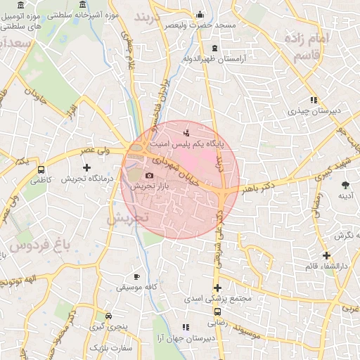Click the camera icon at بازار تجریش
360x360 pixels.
[148, 175]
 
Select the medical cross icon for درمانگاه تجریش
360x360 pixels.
[86, 167]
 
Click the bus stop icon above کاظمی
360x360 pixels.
[41, 169]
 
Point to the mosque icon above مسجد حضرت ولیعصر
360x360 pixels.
[200, 13]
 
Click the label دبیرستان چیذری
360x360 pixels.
[314, 111]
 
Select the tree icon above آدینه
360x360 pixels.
[345, 185]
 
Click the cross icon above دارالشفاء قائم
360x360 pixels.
[326, 255]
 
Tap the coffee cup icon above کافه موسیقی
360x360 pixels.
[136, 276]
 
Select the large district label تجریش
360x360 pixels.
[128, 219]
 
